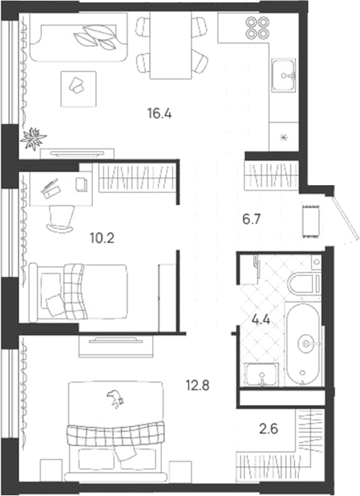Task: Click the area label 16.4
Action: [x=160, y=114]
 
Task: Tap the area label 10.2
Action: [x=102, y=238]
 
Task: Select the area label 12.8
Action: [x=197, y=385]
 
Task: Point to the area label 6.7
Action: [x=251, y=219]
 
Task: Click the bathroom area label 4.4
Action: [x=261, y=320]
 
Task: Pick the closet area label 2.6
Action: [x=269, y=429]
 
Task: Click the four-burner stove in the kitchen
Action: [x=258, y=28]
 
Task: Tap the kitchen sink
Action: [x=284, y=75]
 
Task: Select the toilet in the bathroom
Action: [x=305, y=282]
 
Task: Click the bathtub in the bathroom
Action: [x=303, y=344]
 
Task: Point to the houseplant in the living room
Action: [x=33, y=138]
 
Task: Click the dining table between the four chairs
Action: [x=170, y=45]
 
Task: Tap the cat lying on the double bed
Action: [x=115, y=399]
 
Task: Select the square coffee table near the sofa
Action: [x=78, y=89]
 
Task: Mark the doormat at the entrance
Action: [x=310, y=221]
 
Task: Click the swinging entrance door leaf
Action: [x=347, y=216]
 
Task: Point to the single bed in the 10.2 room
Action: [x=78, y=292]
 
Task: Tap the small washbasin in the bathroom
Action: [x=262, y=375]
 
